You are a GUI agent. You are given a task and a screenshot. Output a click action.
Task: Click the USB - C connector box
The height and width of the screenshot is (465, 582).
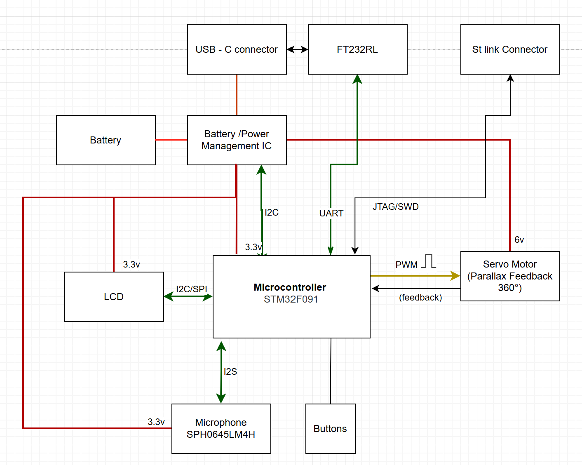coord(237,49)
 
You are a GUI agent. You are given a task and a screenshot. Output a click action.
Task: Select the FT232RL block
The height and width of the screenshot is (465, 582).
coord(357,49)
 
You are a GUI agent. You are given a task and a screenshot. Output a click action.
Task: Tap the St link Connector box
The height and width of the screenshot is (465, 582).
coord(510,49)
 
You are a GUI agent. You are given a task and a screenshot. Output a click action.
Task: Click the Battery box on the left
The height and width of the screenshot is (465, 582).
coord(106,140)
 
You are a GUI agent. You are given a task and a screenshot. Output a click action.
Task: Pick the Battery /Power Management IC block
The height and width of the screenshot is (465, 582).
coord(237,140)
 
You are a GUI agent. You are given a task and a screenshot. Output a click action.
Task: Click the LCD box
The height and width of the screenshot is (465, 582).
coord(114,297)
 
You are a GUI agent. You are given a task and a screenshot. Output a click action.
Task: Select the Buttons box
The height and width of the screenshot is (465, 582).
coord(330,429)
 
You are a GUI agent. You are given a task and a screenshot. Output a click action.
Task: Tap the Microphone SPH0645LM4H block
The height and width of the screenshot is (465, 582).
coord(221,429)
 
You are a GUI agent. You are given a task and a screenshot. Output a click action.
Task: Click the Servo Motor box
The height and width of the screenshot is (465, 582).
coord(510,276)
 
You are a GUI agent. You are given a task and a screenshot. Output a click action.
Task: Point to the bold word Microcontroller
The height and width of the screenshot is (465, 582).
coord(290,287)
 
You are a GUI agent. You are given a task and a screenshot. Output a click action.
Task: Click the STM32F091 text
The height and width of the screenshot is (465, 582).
coord(291,299)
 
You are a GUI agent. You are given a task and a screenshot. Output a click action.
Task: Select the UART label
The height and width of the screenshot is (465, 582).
coord(331,213)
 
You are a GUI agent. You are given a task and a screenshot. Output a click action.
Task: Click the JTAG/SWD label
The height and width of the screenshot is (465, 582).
coord(395,207)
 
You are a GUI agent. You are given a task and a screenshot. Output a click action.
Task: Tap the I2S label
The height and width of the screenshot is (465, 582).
coord(230,371)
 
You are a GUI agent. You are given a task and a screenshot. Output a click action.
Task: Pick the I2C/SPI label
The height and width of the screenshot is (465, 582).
coord(191,289)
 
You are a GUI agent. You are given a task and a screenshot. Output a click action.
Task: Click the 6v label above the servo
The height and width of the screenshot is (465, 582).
coord(519,240)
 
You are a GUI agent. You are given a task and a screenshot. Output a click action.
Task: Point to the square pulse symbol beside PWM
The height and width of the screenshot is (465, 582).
coord(429,261)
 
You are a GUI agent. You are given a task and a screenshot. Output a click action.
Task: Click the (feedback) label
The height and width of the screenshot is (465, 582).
coord(420,297)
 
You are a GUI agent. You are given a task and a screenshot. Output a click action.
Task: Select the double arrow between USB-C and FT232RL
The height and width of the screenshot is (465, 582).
coord(297,49)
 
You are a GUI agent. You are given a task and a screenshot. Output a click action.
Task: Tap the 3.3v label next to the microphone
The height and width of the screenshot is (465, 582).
coord(156,422)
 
